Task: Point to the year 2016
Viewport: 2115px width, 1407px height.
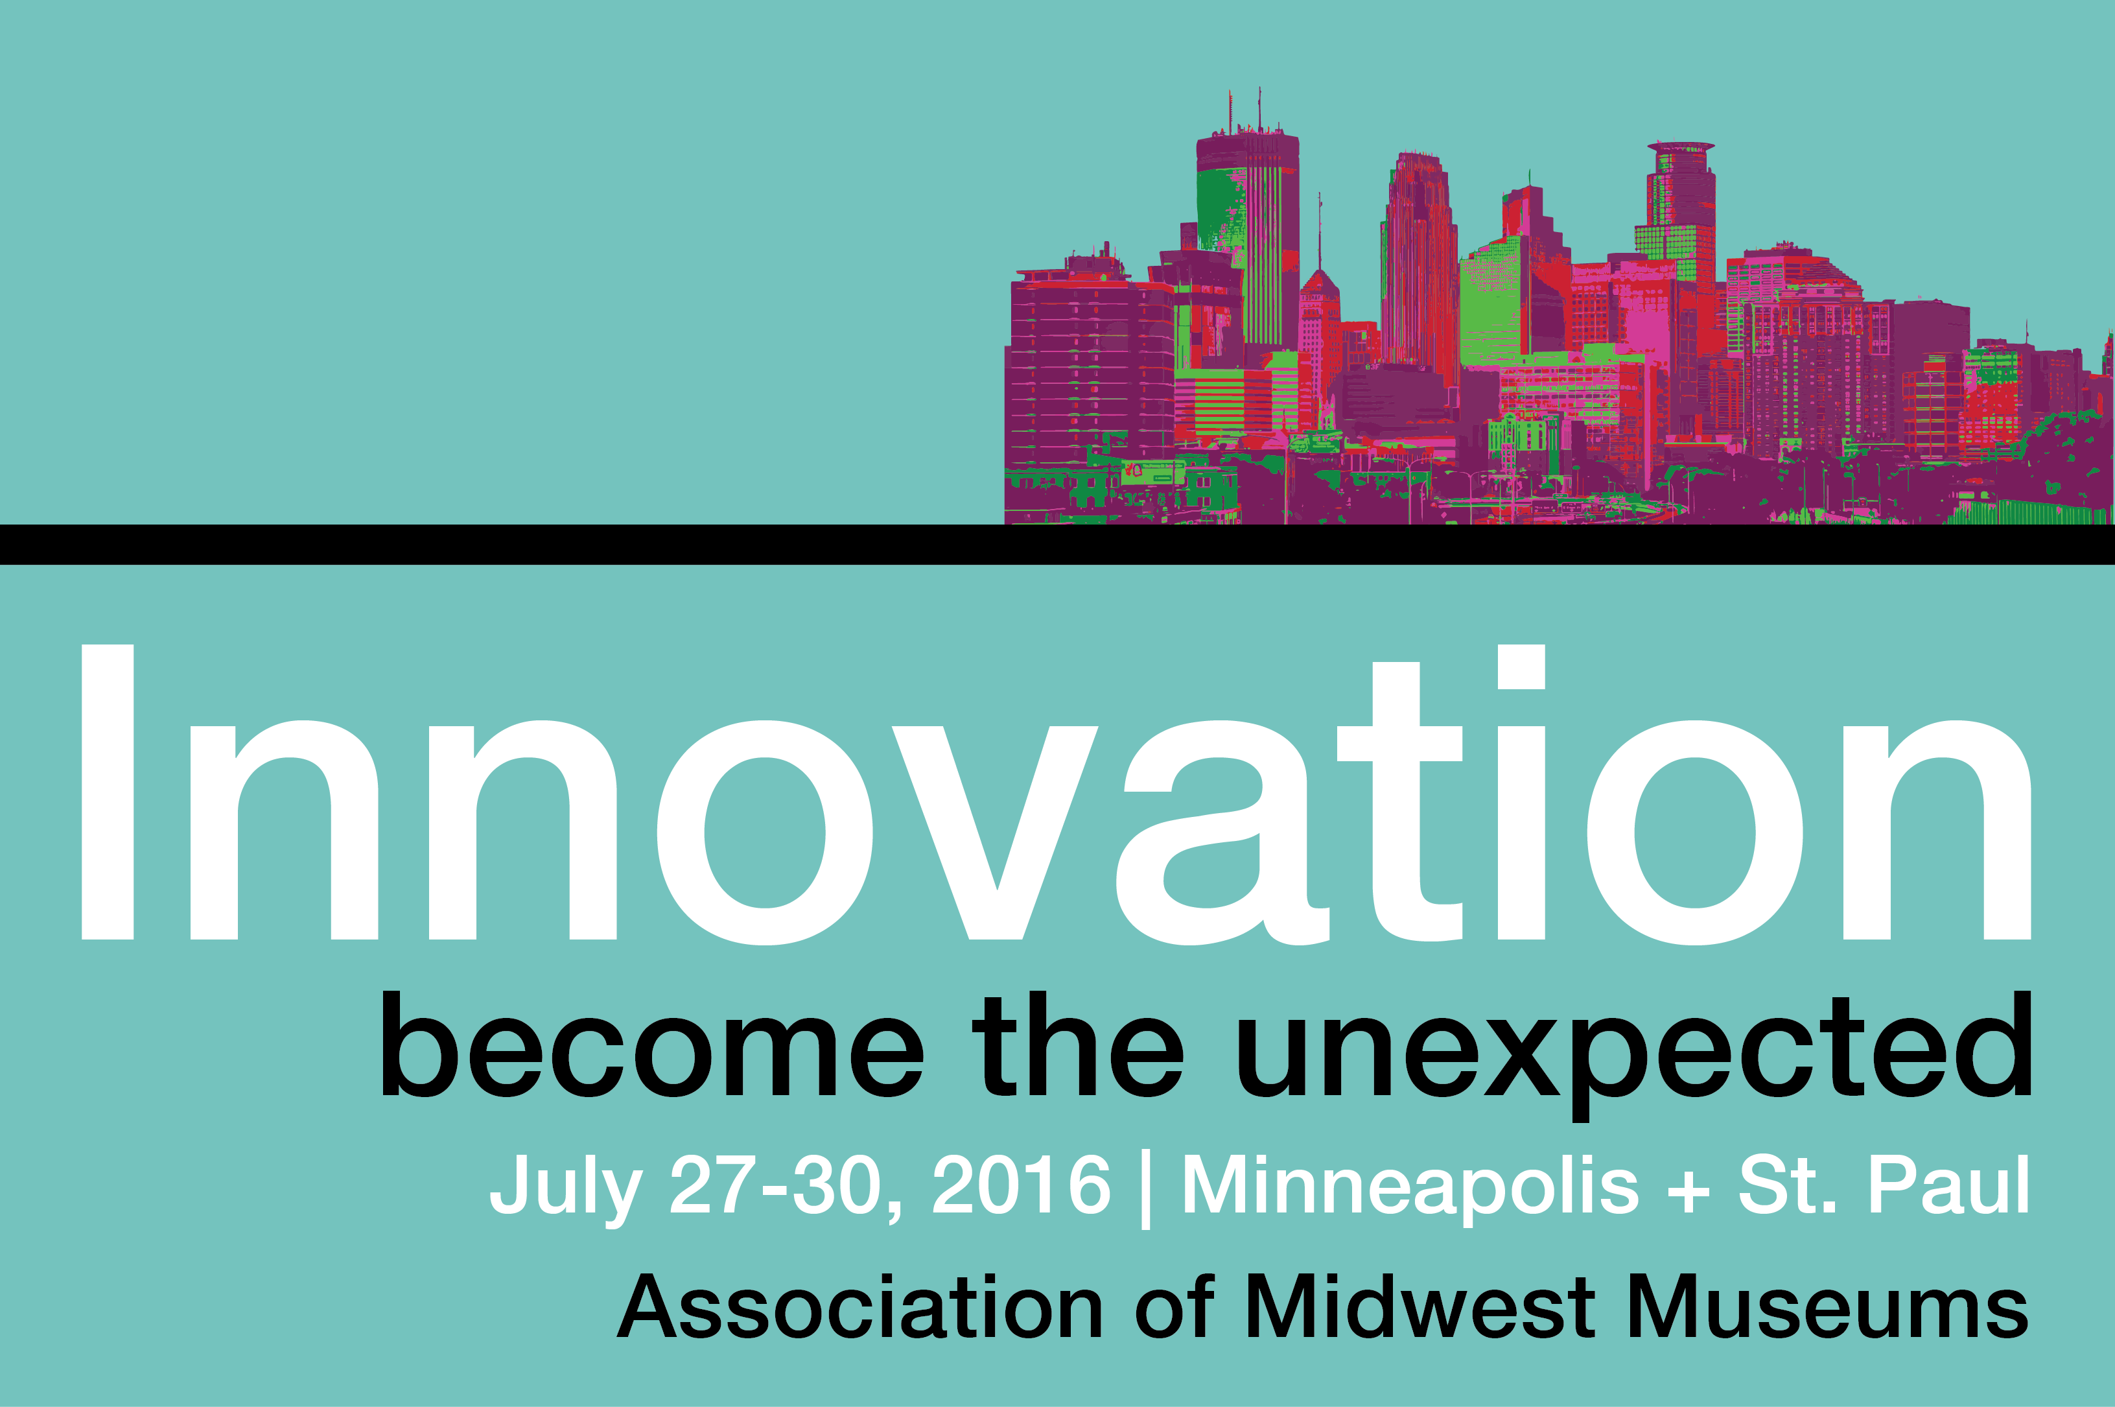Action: [1022, 1185]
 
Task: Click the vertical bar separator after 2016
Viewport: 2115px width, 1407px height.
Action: [1145, 1189]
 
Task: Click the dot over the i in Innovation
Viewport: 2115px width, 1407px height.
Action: [1521, 666]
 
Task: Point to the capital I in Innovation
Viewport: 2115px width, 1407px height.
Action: [108, 792]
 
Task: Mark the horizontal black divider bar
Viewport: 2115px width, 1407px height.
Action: [1058, 544]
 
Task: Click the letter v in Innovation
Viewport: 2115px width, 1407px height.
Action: [998, 832]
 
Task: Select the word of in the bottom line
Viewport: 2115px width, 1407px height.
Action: [1175, 1307]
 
